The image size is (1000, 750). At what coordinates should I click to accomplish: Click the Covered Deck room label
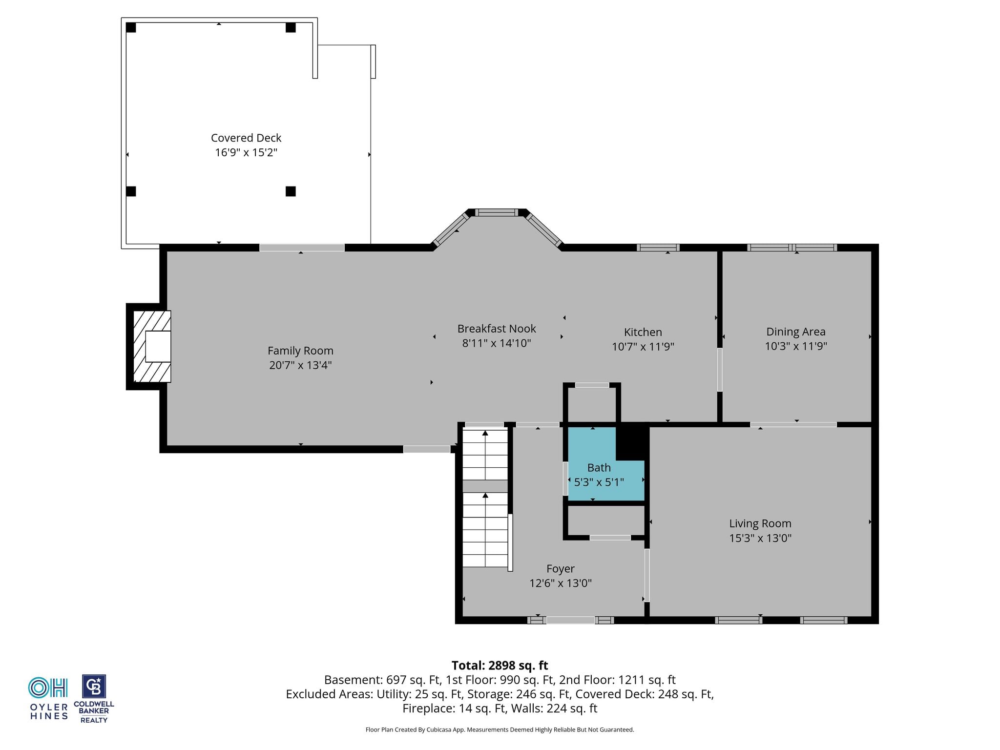[x=246, y=138]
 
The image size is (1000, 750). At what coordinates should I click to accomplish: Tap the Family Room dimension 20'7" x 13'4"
[x=300, y=365]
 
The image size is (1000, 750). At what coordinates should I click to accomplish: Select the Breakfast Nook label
[x=497, y=329]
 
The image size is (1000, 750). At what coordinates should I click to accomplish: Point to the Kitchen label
[x=643, y=332]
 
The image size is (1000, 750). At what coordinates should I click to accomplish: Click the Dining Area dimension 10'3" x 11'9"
[x=796, y=346]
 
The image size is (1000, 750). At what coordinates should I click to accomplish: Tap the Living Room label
[x=760, y=524]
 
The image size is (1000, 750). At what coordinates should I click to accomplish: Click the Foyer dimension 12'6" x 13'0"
[x=561, y=583]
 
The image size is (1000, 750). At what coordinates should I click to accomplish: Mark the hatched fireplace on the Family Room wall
[x=152, y=346]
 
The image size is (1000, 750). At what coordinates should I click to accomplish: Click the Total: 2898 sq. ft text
[x=500, y=666]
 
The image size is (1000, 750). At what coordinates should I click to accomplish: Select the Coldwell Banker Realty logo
[x=94, y=699]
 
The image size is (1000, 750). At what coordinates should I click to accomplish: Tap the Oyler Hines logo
[x=48, y=698]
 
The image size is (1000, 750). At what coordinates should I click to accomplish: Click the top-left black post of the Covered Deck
[x=131, y=27]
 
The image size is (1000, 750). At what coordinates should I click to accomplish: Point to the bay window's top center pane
[x=497, y=212]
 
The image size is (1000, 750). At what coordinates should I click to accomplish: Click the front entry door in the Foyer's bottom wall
[x=570, y=620]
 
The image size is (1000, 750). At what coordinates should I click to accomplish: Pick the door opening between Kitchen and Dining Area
[x=720, y=369]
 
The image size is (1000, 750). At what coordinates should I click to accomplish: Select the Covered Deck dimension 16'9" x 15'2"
[x=246, y=152]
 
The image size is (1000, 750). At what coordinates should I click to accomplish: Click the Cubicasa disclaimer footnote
[x=500, y=729]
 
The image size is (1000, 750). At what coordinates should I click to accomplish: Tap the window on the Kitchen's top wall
[x=658, y=248]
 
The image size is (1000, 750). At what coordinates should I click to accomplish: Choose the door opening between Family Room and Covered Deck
[x=302, y=248]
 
